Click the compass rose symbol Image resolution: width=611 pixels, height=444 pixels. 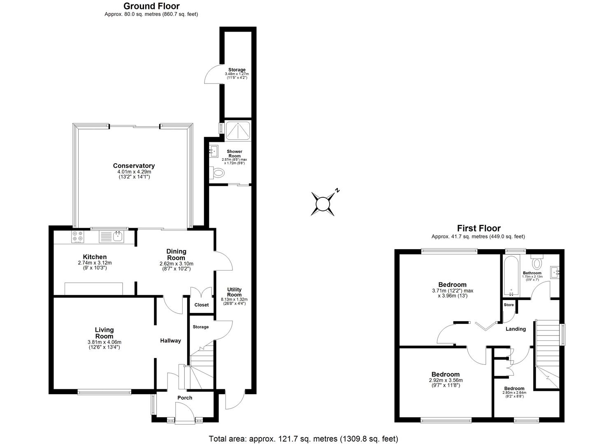(x=323, y=203)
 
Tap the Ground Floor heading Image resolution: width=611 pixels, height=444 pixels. (x=151, y=6)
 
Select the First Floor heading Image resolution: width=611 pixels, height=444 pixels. (x=479, y=228)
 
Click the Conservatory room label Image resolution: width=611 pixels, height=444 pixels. (x=134, y=166)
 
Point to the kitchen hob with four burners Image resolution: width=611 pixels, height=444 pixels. (x=77, y=236)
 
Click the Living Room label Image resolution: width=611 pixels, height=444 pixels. (x=104, y=333)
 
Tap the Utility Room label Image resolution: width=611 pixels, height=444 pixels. (x=234, y=292)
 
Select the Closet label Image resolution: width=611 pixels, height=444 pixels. (x=202, y=305)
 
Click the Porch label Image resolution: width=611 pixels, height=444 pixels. (x=185, y=398)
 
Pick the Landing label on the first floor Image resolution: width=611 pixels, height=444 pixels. (x=516, y=329)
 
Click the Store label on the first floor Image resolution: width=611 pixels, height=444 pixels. (x=509, y=305)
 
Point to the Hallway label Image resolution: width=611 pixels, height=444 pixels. (x=170, y=340)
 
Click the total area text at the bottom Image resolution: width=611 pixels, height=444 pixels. (x=303, y=439)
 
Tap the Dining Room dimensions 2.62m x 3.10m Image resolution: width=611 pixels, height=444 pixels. (x=176, y=264)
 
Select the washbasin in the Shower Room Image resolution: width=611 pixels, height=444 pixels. (x=214, y=152)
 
